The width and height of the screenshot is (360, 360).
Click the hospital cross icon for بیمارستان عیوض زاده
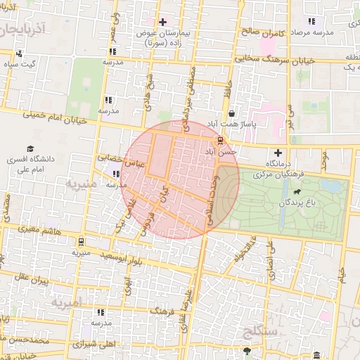coord(164,22)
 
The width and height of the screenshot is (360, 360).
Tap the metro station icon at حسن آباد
coord(221,139)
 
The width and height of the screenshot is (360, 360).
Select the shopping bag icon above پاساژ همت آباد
coord(231,113)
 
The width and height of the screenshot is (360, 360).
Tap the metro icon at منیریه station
coord(81,240)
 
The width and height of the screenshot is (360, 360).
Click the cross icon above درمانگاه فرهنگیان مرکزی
coord(278,153)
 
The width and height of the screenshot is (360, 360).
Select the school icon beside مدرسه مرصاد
coord(311,22)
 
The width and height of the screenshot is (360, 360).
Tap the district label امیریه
coord(67,302)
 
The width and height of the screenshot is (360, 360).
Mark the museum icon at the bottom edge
coord(317,355)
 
